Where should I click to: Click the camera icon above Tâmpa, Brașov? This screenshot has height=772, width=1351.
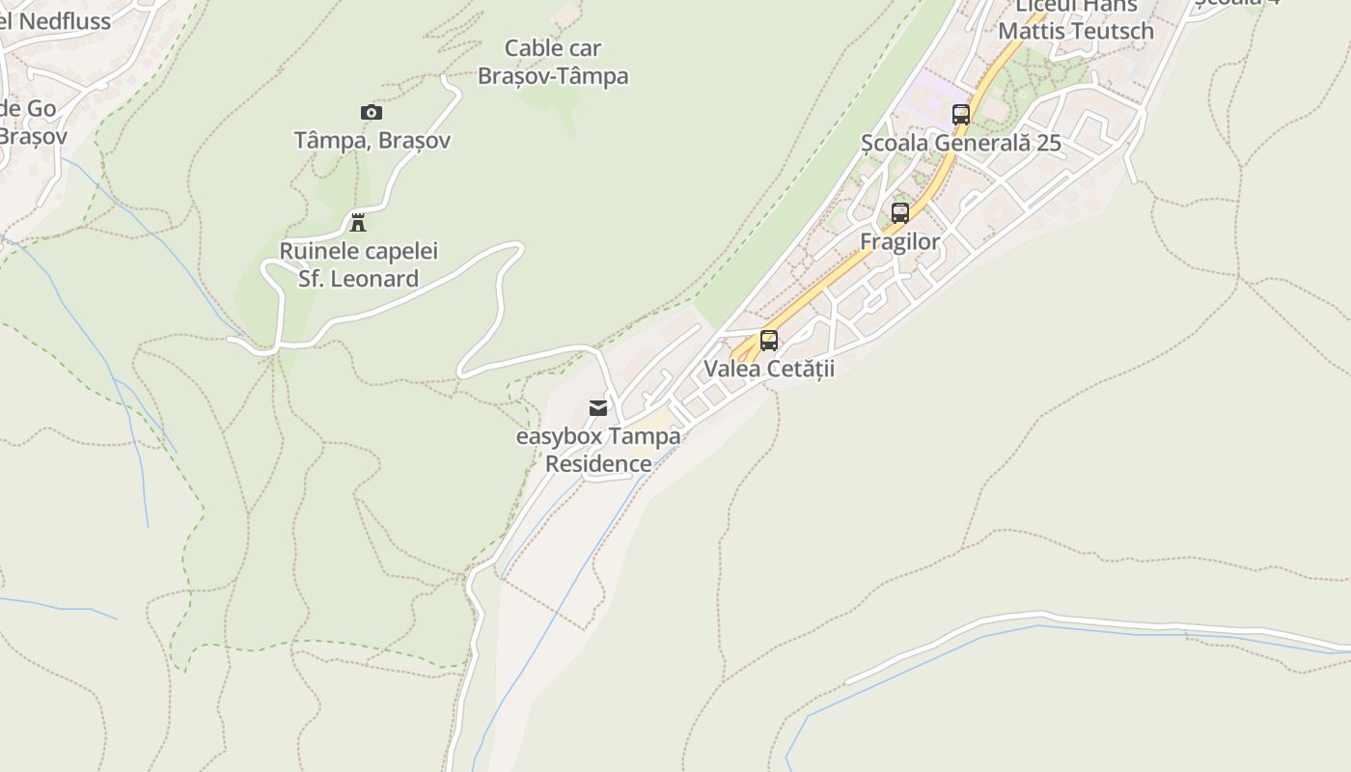click(372, 112)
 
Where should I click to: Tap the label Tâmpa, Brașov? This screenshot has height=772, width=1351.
click(372, 141)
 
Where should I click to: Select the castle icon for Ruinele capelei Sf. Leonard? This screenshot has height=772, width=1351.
click(358, 223)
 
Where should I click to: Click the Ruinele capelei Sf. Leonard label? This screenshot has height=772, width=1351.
click(358, 264)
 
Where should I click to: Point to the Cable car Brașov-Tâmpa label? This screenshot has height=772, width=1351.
click(553, 62)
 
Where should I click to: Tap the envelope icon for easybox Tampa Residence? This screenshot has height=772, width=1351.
click(598, 408)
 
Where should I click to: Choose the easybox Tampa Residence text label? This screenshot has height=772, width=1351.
click(598, 450)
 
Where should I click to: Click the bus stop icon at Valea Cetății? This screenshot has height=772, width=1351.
click(769, 340)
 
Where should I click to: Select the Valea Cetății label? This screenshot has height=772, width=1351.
click(769, 369)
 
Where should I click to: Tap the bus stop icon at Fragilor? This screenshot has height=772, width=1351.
click(900, 213)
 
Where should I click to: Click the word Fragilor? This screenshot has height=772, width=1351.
click(899, 241)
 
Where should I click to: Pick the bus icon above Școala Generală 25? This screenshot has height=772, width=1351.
click(961, 114)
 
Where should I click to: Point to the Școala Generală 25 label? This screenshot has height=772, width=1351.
click(961, 144)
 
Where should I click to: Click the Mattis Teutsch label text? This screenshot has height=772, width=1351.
click(1076, 31)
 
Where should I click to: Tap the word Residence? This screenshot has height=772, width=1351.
click(598, 464)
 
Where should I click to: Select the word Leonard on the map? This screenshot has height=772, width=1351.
click(371, 279)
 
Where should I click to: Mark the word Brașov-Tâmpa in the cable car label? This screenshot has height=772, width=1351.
click(553, 76)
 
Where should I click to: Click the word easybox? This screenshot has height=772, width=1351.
click(560, 436)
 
